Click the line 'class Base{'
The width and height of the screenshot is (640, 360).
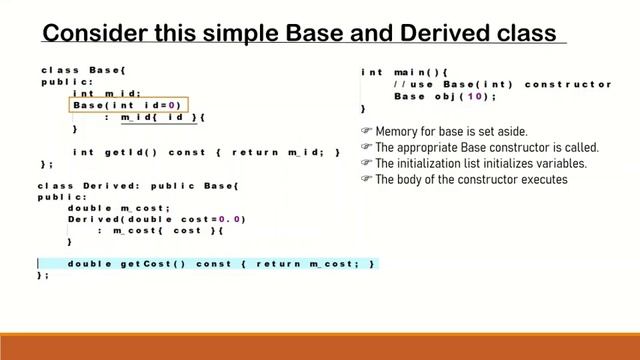click(84, 70)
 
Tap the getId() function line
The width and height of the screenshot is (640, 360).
click(206, 152)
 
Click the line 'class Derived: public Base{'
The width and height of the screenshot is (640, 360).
click(139, 186)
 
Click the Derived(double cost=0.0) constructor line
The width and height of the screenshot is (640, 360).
click(156, 219)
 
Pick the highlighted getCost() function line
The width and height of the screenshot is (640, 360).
click(221, 263)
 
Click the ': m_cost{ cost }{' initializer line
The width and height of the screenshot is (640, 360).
click(160, 230)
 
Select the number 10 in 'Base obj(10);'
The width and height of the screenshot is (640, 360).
click(479, 97)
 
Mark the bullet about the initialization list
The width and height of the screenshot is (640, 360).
click(480, 163)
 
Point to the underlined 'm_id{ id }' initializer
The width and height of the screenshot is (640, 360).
click(161, 118)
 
